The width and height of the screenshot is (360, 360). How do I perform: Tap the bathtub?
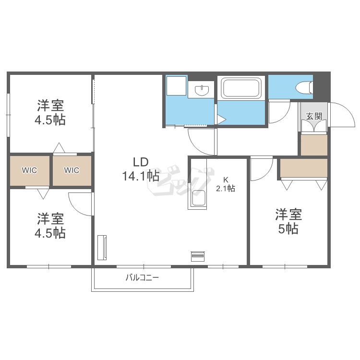click(241, 88)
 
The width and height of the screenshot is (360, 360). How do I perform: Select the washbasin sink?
click(202, 90)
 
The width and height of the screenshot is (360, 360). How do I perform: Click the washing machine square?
click(176, 86)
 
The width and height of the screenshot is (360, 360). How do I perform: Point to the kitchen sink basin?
click(198, 198)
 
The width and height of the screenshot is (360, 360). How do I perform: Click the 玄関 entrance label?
click(314, 116)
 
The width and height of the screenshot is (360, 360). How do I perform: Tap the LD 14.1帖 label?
click(141, 169)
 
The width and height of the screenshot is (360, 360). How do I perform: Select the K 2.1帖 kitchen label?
click(226, 185)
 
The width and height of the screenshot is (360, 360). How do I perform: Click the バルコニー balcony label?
click(142, 278)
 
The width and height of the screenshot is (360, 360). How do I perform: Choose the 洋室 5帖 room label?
click(288, 221)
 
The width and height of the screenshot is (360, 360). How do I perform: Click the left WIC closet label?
click(29, 170)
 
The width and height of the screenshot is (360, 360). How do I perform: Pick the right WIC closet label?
click(72, 170)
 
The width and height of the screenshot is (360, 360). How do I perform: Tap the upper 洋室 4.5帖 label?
click(50, 112)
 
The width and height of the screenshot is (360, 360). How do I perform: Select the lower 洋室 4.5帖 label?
click(50, 226)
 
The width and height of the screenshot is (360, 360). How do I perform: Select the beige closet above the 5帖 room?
click(304, 168)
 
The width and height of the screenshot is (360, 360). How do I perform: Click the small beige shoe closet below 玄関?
click(314, 145)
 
